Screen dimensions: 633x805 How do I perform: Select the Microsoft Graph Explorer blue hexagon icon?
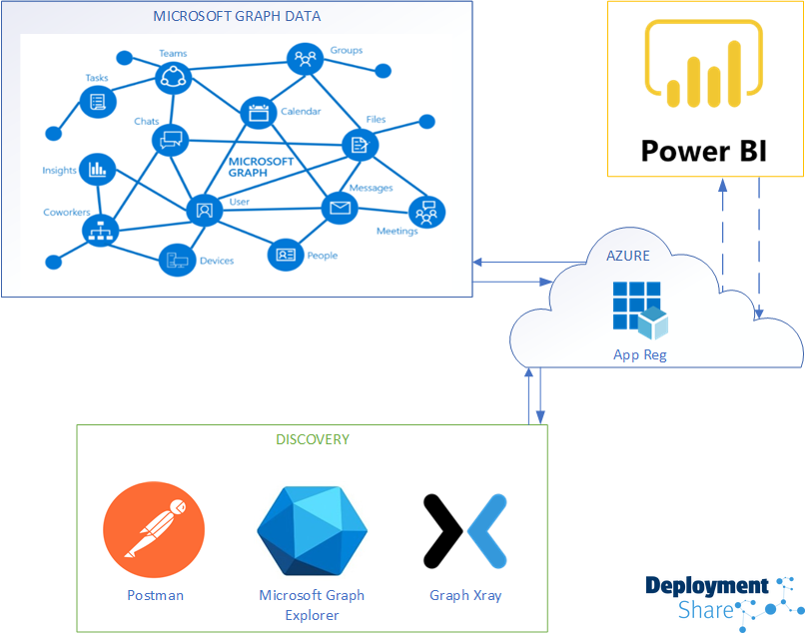[x=312, y=530]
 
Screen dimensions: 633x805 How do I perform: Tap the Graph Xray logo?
[x=465, y=530]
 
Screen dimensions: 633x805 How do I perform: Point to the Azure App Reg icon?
[x=639, y=310]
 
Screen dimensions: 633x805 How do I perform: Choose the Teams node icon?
[x=174, y=75]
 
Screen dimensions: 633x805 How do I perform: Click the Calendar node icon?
[x=259, y=112]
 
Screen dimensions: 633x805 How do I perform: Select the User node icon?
[x=205, y=210]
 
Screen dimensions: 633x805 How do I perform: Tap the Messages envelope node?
[x=339, y=208]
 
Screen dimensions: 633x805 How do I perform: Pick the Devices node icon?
[x=177, y=261]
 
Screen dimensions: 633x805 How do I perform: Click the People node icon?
[x=286, y=254]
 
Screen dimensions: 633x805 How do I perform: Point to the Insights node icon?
[x=97, y=170]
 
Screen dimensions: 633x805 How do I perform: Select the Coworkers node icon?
[x=101, y=231]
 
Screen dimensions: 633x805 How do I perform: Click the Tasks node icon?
[x=98, y=101]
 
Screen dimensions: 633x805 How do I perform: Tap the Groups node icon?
[x=305, y=58]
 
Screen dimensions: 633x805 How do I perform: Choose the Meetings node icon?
[x=427, y=212]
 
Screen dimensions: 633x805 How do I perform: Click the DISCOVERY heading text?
[x=313, y=439]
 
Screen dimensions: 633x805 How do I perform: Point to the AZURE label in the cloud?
[x=628, y=256]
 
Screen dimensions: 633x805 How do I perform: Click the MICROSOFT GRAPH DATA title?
[x=237, y=17]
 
